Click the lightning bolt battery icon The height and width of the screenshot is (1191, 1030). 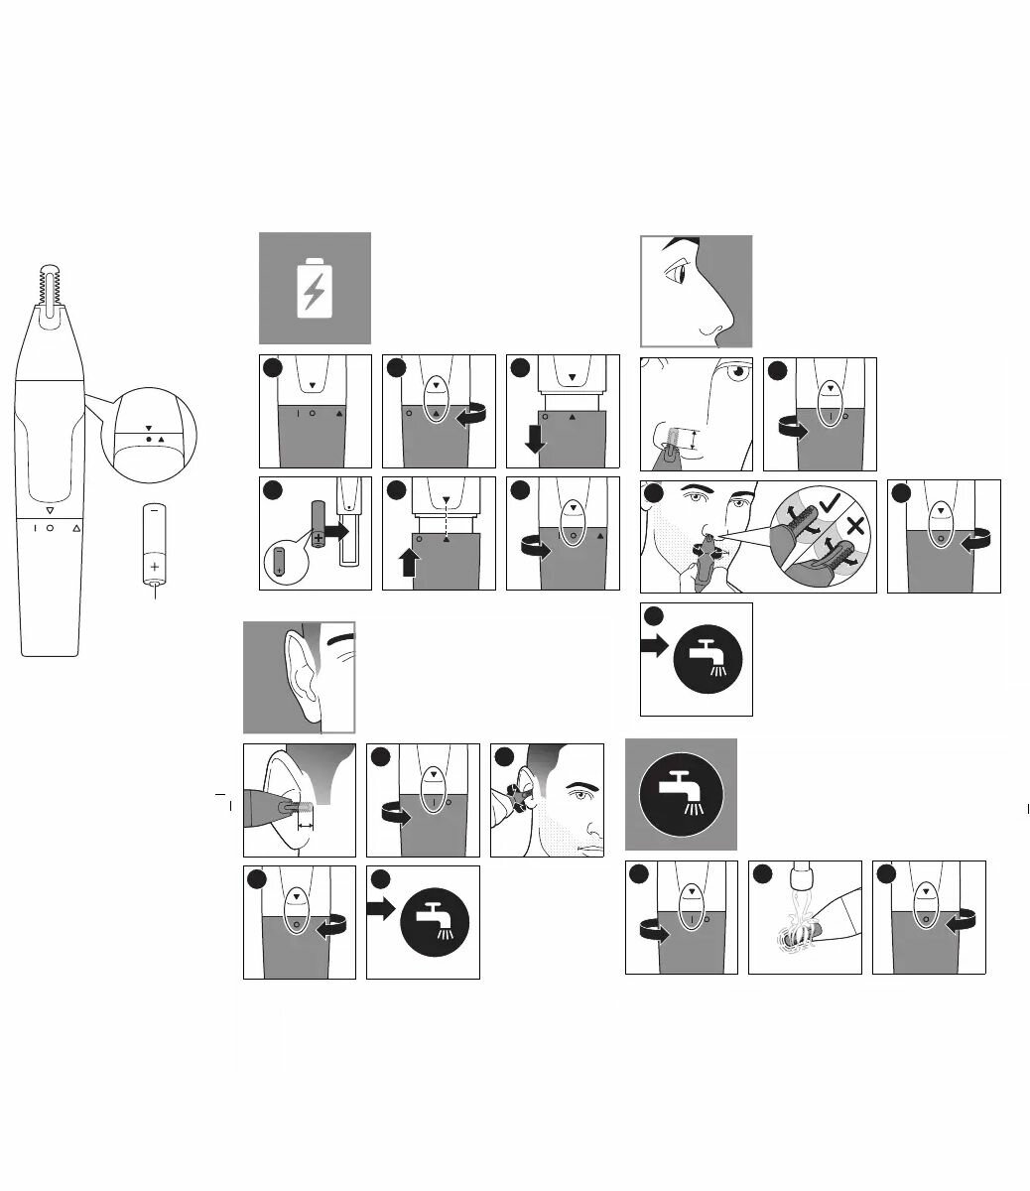[x=315, y=288]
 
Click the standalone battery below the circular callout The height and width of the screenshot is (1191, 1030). [x=155, y=545]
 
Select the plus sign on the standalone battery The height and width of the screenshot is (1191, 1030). [x=155, y=567]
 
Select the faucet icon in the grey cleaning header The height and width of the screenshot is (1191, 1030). [x=681, y=794]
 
